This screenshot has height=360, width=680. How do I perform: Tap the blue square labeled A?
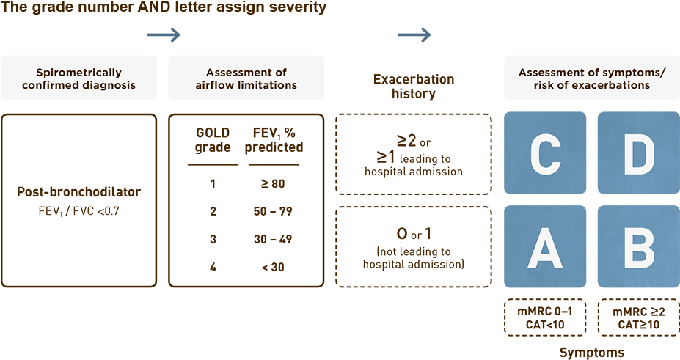pyautogui.click(x=544, y=246)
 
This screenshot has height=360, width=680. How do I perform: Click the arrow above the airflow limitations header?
pyautogui.click(x=164, y=34)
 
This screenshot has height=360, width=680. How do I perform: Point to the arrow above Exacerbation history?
pyautogui.click(x=414, y=34)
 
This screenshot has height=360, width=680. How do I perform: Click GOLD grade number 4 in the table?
pyautogui.click(x=213, y=268)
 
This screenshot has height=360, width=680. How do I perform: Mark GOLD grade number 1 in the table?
pyautogui.click(x=213, y=183)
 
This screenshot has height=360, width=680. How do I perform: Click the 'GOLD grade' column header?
pyautogui.click(x=213, y=139)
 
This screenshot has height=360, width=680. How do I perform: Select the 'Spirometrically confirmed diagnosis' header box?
pyautogui.click(x=78, y=78)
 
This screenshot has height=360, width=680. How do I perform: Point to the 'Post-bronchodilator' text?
pyautogui.click(x=78, y=193)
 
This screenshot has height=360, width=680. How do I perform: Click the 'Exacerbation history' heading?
pyautogui.click(x=413, y=87)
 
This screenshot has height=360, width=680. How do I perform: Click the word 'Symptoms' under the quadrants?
pyautogui.click(x=591, y=353)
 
